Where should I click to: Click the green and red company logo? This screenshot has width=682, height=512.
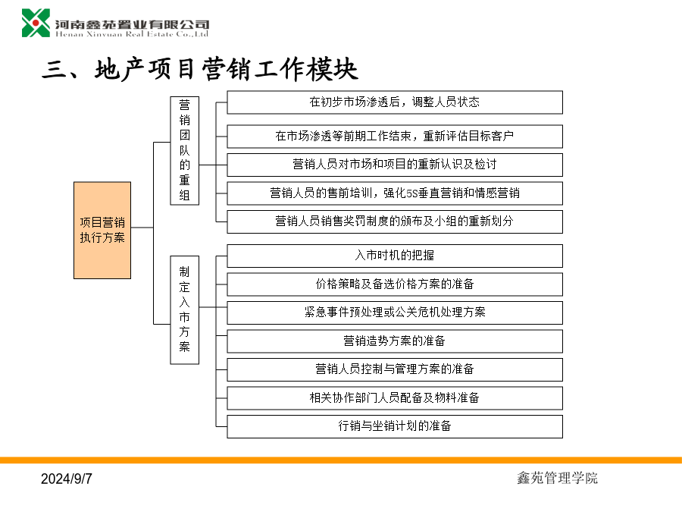point(36,23)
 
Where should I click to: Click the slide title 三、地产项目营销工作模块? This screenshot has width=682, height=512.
point(200,69)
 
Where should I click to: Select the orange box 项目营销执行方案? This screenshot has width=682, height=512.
point(102,231)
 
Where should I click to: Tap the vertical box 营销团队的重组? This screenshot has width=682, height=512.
point(184,151)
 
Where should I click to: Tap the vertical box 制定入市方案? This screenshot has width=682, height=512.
point(184,310)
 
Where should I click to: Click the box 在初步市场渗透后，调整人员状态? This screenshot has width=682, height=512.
point(395,102)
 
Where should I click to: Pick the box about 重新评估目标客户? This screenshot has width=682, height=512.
point(395,137)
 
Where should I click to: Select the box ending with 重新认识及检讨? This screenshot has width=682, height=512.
point(395,165)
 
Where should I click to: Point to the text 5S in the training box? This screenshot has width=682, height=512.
point(412,193)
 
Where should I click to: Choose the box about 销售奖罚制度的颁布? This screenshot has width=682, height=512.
point(395,221)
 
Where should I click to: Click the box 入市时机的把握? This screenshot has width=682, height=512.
point(395,256)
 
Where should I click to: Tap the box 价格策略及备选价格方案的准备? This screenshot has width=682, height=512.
point(395,284)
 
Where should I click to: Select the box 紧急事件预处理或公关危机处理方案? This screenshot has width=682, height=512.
point(395,313)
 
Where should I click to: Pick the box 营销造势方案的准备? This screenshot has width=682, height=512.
point(395,341)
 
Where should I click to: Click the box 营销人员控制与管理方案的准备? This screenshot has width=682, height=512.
point(395,369)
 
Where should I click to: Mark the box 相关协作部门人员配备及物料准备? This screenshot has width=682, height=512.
point(395,398)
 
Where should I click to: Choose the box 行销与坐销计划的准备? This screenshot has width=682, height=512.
point(395,426)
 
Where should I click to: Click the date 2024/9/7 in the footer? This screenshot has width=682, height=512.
point(67,479)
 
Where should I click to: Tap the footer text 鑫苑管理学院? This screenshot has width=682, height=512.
point(557,478)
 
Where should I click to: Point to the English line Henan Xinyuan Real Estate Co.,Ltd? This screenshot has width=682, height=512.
point(132,34)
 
